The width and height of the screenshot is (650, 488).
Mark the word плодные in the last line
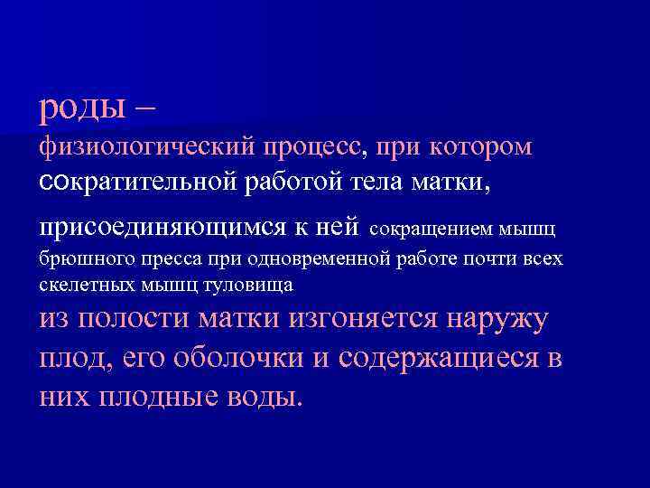click(156, 399)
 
